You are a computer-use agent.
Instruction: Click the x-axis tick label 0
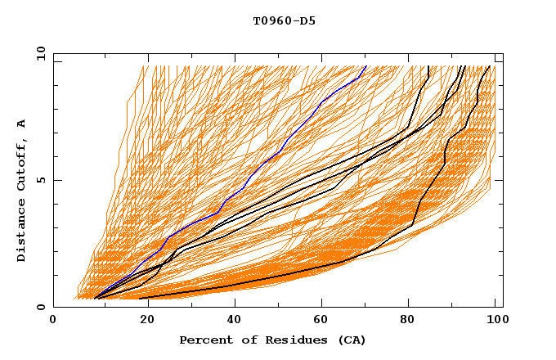point(53,322)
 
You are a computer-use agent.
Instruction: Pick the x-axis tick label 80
point(410,322)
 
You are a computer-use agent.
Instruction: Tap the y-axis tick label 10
point(39,53)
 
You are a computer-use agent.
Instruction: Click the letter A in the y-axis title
point(22,124)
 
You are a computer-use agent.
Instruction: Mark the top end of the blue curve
point(367,66)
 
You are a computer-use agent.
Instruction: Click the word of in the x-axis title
point(240,340)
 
